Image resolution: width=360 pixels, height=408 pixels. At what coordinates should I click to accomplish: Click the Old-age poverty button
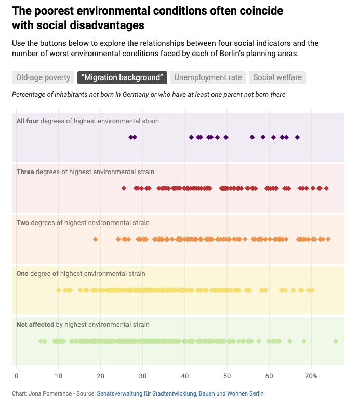[x=43, y=77]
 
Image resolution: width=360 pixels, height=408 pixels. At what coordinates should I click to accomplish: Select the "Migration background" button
[x=122, y=77]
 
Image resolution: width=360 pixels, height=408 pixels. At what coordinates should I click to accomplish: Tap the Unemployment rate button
[x=208, y=77]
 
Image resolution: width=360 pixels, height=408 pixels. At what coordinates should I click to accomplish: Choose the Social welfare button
[x=277, y=77]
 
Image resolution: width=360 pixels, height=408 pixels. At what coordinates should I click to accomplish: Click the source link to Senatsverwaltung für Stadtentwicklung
[x=180, y=394]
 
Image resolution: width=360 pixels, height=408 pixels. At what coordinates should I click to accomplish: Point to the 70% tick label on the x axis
[x=311, y=376]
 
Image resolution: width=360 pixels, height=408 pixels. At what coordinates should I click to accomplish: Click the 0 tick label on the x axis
[x=16, y=376]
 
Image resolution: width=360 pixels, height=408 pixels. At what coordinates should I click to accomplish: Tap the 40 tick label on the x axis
[x=185, y=376]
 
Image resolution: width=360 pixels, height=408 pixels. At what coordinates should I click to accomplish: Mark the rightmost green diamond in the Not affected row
[x=336, y=341]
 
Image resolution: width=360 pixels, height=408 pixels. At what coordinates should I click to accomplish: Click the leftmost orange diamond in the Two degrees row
[x=95, y=239]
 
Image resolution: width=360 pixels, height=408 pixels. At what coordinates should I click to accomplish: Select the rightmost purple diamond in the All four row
[x=297, y=137]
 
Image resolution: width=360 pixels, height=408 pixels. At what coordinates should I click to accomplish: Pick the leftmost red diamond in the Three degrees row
[x=124, y=188]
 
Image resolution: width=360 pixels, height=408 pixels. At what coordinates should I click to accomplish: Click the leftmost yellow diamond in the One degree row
[x=58, y=290]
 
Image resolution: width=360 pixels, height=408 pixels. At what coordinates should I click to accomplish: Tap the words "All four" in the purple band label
[x=28, y=121]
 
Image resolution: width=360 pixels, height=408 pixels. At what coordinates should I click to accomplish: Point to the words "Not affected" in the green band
[x=35, y=324]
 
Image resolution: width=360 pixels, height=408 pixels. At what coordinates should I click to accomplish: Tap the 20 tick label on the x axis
[x=100, y=376]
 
